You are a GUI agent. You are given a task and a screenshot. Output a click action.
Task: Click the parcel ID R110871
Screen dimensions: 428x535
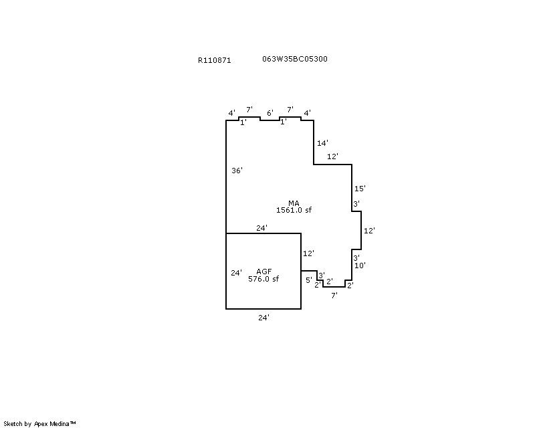coord(214,60)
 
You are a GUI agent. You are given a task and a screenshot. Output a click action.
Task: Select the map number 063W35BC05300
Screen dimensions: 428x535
coord(295,59)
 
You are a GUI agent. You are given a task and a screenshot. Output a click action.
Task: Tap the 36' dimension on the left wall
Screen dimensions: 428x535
coord(237,171)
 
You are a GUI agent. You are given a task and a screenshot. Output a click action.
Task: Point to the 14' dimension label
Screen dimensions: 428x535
coord(323,143)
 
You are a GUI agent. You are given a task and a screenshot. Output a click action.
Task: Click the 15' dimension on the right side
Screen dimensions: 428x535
coord(360,189)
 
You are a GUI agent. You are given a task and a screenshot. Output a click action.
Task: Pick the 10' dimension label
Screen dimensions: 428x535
coord(360,265)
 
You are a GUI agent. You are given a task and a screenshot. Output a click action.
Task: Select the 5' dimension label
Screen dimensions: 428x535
coord(309,280)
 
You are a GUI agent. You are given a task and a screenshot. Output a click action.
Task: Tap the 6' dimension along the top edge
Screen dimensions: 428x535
coord(270,113)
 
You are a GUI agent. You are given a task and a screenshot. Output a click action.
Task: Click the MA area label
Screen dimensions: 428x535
coord(294,203)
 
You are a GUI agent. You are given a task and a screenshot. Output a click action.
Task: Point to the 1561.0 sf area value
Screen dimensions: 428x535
coord(294,210)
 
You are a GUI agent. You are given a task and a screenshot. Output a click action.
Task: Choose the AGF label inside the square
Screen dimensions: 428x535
coord(263,271)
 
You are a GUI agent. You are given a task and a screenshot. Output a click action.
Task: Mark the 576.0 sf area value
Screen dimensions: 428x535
coord(263,279)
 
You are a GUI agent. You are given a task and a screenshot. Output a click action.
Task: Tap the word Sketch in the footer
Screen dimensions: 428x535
coord(13,423)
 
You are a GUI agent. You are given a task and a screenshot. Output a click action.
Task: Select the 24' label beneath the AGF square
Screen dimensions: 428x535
coord(263,318)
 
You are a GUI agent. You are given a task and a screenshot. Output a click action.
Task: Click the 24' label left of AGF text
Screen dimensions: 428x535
coord(236,273)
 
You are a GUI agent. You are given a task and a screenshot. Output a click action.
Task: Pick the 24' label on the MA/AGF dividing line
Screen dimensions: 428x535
coord(262,228)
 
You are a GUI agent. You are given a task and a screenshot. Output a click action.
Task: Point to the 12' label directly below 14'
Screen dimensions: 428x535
coord(332,156)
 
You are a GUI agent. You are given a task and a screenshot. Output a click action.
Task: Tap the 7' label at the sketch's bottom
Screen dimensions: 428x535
coord(334,295)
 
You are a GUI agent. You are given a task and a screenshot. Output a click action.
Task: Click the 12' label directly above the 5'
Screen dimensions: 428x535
coord(308,253)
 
